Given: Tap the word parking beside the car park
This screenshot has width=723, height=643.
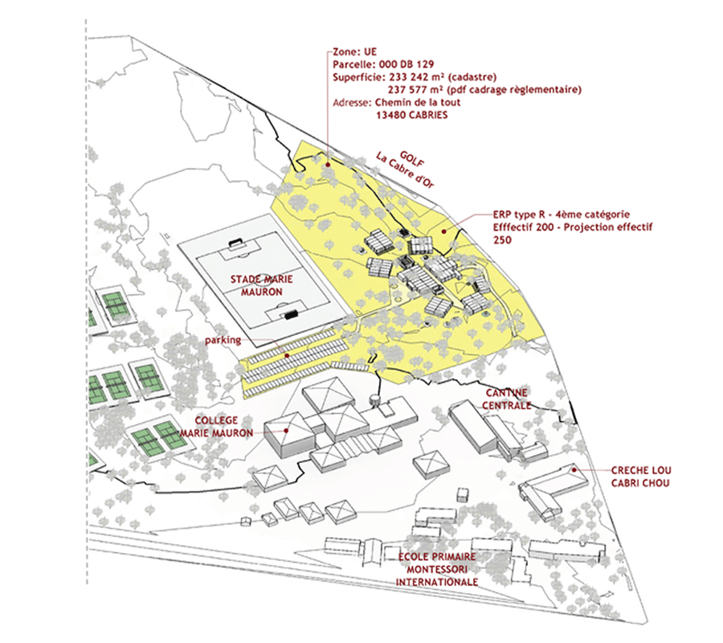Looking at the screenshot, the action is coord(223,340).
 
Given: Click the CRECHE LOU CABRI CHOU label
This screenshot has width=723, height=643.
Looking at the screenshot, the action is coord(640,476).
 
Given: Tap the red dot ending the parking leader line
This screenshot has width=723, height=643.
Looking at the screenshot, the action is coord(287,354).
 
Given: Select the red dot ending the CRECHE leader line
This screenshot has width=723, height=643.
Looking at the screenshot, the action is coord(575,467).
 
